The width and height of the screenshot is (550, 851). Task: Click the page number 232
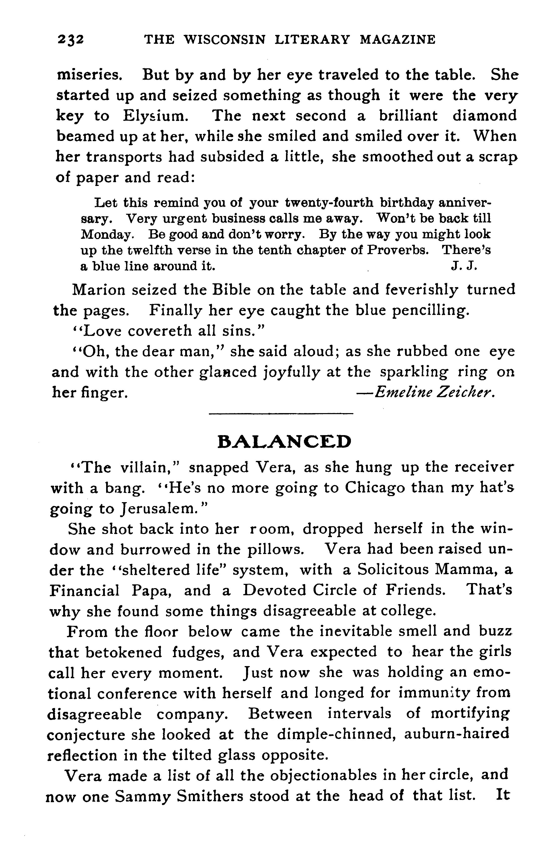pos(70,39)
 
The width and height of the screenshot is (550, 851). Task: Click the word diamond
pos(484,116)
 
